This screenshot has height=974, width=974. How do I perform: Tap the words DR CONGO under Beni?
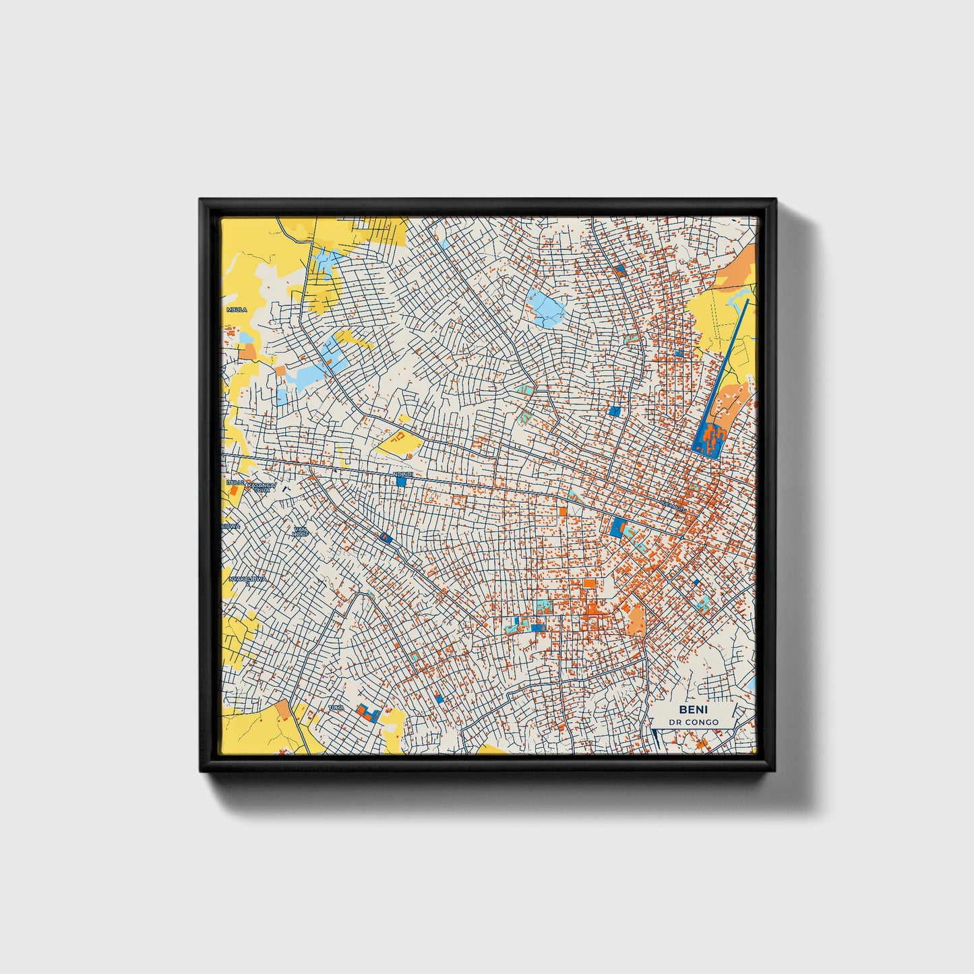click(693, 722)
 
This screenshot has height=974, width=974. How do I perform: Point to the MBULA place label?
click(237, 309)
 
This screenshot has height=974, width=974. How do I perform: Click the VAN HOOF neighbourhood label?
click(300, 531)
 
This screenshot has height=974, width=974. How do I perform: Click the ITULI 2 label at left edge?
click(235, 483)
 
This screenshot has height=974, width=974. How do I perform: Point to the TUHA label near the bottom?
click(335, 708)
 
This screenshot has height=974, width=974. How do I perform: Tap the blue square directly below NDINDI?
click(402, 482)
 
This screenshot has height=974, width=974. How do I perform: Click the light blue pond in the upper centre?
click(546, 309)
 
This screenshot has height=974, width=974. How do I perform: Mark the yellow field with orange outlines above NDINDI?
click(400, 441)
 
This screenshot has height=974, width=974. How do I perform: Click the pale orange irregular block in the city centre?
click(636, 619)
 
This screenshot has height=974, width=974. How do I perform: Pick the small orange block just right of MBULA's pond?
click(247, 351)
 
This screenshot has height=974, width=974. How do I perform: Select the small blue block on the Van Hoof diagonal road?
click(385, 537)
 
